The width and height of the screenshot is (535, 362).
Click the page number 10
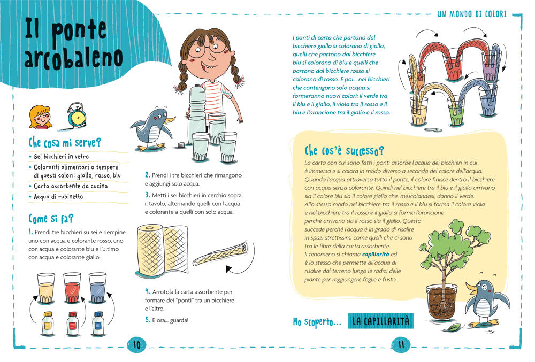pos(136,344)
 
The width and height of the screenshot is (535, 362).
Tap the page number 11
pos(401,344)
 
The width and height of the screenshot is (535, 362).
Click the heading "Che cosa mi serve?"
pos(65,142)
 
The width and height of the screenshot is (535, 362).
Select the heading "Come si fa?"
pos(51,219)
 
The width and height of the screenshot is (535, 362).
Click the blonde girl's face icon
pos(41,117)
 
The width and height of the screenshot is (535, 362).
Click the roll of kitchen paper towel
pos(162,250)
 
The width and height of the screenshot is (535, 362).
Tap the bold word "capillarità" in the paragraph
pos(376,255)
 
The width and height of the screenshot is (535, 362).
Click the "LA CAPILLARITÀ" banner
pos(381,321)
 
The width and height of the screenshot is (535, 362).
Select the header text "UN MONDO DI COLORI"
pos(472,14)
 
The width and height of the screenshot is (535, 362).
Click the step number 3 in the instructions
pos(147,195)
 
